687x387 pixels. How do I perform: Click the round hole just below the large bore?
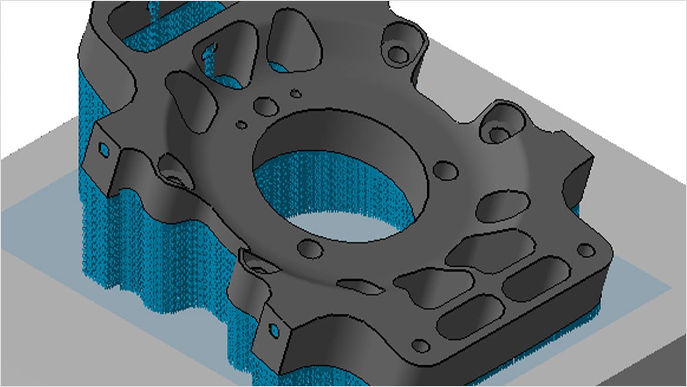[x=311, y=249]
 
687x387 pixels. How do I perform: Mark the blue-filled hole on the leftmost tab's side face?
[x=104, y=149]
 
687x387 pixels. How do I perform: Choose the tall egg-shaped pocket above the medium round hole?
[x=290, y=41]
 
